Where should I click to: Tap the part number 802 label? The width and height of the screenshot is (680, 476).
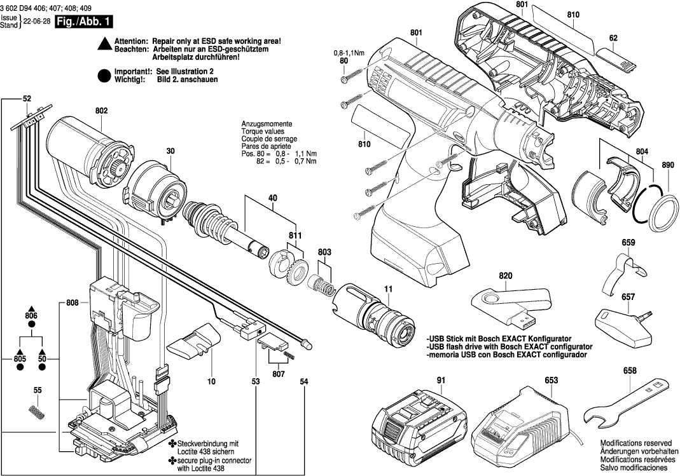tap(102, 111)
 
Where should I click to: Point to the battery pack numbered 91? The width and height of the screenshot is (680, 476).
tap(420, 423)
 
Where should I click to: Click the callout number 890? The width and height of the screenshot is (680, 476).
tap(667, 165)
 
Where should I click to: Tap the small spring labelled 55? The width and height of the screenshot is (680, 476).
tap(38, 412)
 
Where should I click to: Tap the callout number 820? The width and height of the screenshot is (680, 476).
tap(505, 275)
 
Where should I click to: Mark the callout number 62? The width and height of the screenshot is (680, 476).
tap(613, 38)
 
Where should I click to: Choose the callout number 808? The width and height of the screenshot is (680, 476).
tap(72, 303)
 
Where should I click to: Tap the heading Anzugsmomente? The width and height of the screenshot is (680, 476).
tap(267, 123)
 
